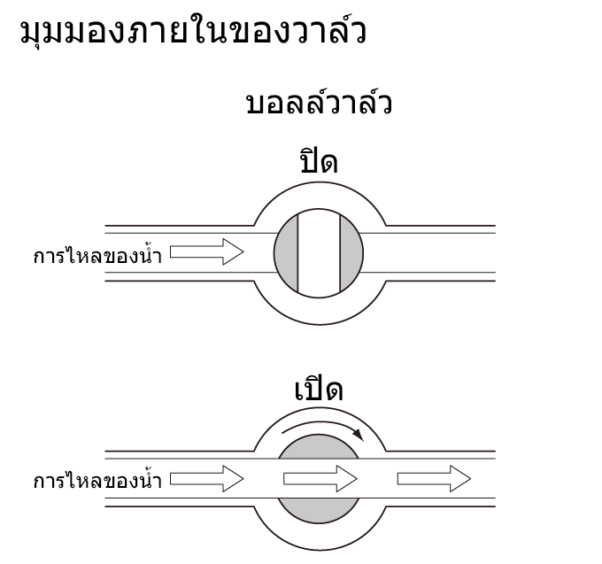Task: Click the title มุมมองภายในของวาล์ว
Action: pos(193,30)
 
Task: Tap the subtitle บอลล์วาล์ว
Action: pos(319,102)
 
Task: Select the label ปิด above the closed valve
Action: pos(319,161)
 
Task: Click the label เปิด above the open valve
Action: pos(319,389)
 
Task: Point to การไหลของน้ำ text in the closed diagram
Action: pos(97,254)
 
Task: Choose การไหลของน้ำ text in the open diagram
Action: pos(97,480)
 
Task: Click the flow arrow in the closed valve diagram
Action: pos(207,251)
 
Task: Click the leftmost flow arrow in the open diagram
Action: pos(207,479)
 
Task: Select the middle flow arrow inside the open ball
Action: pos(320,479)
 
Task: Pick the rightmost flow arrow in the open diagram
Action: pos(434,479)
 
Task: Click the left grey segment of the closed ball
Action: pos(287,253)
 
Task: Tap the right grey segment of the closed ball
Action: pos(351,253)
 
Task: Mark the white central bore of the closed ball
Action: pos(319,253)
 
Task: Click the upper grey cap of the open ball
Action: pos(319,446)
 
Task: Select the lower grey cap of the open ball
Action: pos(319,511)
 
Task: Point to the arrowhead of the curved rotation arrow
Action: pos(359,435)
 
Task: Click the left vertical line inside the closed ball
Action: pos(298,253)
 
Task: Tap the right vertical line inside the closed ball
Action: pos(340,253)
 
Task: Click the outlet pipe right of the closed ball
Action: pos(428,253)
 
